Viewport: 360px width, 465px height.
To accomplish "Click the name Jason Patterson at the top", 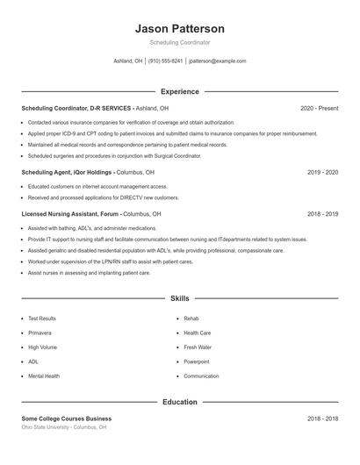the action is (179, 28).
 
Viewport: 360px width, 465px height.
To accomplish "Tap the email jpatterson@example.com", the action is (218, 61).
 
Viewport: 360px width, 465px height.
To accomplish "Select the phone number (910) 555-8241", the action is (165, 61).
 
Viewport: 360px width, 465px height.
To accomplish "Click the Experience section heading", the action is (179, 91).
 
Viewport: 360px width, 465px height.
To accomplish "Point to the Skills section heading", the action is (179, 298).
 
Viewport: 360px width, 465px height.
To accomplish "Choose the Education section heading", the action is (179, 402).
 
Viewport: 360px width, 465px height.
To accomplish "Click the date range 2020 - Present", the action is (319, 108).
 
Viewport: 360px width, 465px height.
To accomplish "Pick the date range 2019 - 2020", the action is (322, 173).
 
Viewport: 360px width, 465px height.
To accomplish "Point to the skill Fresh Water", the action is (198, 347).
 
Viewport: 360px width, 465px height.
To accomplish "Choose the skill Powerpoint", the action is (197, 361).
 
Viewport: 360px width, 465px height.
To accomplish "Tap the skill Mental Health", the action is (44, 376).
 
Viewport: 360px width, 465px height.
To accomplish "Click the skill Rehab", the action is (191, 318).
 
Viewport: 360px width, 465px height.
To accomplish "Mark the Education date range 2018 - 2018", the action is (322, 418).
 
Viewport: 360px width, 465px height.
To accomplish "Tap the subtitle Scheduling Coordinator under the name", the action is (179, 42).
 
